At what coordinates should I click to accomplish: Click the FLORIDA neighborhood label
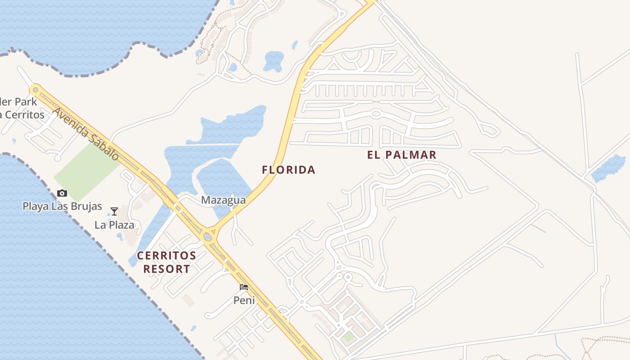[288, 170]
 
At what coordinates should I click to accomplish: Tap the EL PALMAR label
[401, 155]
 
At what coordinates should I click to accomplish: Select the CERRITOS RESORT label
[166, 262]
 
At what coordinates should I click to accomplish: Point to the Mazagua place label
[223, 200]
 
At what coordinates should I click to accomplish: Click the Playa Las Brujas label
[62, 207]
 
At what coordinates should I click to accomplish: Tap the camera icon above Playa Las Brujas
[62, 193]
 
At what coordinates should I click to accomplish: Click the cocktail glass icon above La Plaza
[114, 211]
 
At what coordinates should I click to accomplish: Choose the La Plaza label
[114, 225]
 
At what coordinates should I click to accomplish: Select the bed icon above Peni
[244, 287]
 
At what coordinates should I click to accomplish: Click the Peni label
[244, 300]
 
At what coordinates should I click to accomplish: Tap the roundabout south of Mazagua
[208, 236]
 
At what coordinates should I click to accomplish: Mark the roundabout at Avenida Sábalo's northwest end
[36, 90]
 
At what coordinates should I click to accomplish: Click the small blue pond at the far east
[609, 168]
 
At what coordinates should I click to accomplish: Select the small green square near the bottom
[348, 336]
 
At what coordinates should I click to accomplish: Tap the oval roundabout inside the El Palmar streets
[376, 113]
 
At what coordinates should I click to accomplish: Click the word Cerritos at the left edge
[25, 114]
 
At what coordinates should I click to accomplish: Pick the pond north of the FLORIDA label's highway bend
[274, 61]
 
